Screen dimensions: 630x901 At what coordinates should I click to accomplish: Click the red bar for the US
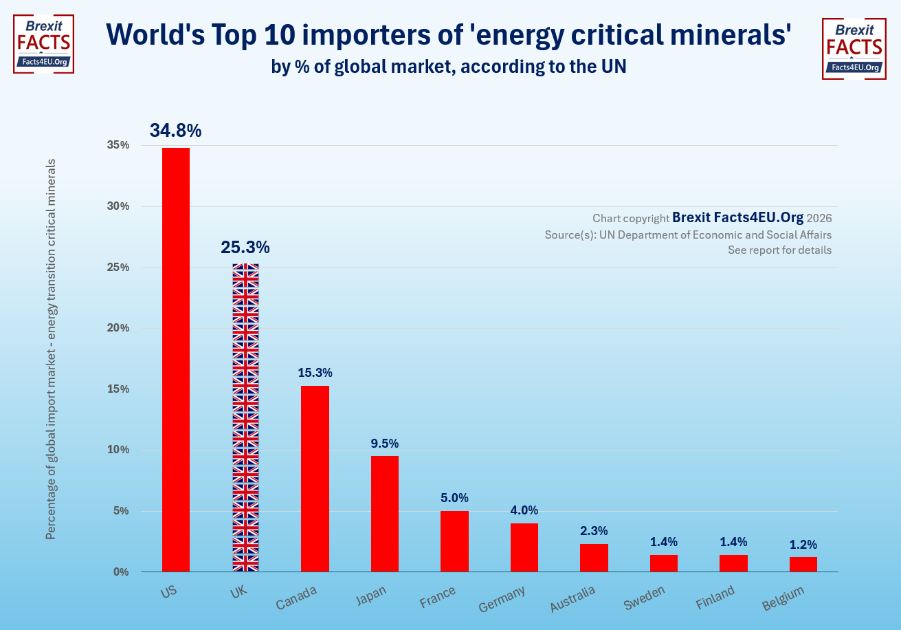(x=176, y=359)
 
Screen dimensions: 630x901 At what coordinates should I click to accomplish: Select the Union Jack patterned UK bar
(x=245, y=417)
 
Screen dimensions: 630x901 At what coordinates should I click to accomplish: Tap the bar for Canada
(x=315, y=478)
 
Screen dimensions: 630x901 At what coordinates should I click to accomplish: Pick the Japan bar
(x=385, y=513)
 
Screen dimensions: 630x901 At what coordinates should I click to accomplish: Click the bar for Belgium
(x=803, y=564)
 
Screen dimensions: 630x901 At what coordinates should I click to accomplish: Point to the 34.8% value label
(x=176, y=131)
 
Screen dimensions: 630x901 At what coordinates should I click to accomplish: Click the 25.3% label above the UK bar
(x=245, y=248)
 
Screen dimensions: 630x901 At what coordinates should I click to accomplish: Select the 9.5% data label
(x=385, y=444)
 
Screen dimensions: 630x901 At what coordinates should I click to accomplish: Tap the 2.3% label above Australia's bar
(x=594, y=531)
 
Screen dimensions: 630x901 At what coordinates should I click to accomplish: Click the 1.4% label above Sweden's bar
(x=664, y=542)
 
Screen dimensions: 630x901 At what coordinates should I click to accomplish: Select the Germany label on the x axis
(x=502, y=598)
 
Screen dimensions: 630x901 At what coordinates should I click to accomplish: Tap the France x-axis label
(x=438, y=597)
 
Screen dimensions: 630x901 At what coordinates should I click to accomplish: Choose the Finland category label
(x=715, y=596)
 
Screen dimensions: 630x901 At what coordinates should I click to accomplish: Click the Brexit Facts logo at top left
(x=43, y=44)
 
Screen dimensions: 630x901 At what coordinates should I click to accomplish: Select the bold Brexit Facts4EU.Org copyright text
(x=737, y=217)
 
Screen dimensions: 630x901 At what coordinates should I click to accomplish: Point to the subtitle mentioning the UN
(x=449, y=67)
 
